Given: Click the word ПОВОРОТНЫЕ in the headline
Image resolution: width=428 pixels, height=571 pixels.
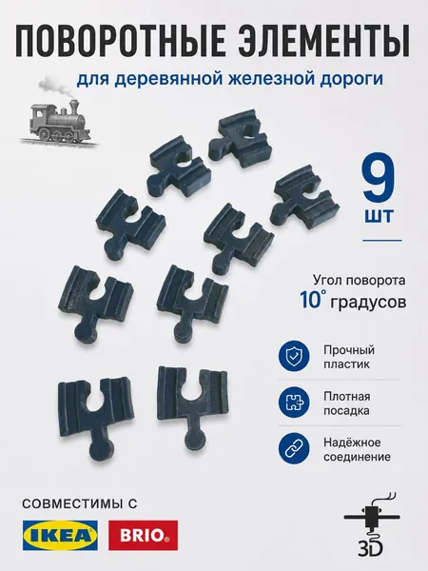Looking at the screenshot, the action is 119,41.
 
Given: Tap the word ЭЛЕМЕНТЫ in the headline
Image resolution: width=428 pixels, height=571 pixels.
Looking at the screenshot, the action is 324,41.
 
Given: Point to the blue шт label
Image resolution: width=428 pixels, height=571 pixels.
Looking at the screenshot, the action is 379,217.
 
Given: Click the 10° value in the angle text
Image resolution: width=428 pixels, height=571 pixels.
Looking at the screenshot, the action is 310,300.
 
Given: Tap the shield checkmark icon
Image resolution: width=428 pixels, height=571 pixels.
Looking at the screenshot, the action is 294,356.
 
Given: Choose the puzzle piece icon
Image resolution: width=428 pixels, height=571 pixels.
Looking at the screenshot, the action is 294,403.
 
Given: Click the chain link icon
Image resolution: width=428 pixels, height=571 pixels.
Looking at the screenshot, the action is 294,449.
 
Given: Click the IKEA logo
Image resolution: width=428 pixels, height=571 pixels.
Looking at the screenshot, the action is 60,535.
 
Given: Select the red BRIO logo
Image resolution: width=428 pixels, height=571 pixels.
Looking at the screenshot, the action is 143,535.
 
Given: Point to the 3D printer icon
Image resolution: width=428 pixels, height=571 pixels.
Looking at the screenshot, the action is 371,523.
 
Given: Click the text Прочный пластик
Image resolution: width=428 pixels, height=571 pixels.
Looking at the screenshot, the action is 349,357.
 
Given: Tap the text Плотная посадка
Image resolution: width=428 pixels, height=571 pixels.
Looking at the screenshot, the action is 346,404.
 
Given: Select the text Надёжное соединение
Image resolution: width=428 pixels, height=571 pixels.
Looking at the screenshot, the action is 357,449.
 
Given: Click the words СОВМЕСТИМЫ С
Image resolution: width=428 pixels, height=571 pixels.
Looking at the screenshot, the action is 80,503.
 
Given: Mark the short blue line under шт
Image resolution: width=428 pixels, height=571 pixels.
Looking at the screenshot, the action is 382,241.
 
